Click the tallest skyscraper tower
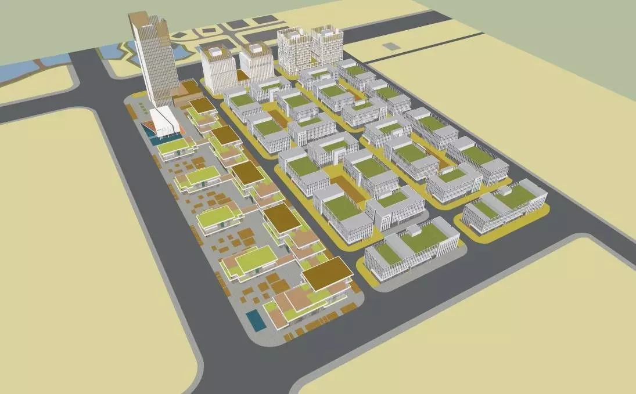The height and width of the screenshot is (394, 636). (x=154, y=64)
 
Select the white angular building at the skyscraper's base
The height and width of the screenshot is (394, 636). (x=164, y=121)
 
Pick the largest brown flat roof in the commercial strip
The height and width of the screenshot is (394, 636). (x=328, y=273)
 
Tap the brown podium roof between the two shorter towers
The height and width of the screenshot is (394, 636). (x=242, y=75)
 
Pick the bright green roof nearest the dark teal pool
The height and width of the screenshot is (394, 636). (x=173, y=145)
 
